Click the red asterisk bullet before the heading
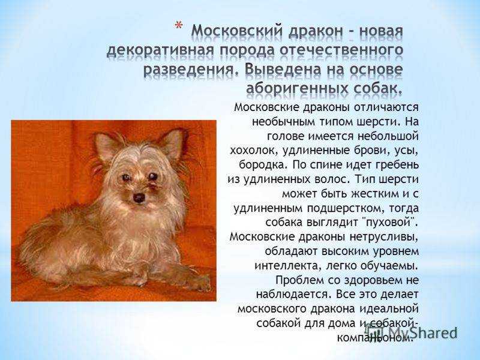178,25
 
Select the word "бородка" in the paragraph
263,165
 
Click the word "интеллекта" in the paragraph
287,266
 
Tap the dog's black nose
139,198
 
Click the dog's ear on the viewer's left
106,148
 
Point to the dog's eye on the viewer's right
153,176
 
